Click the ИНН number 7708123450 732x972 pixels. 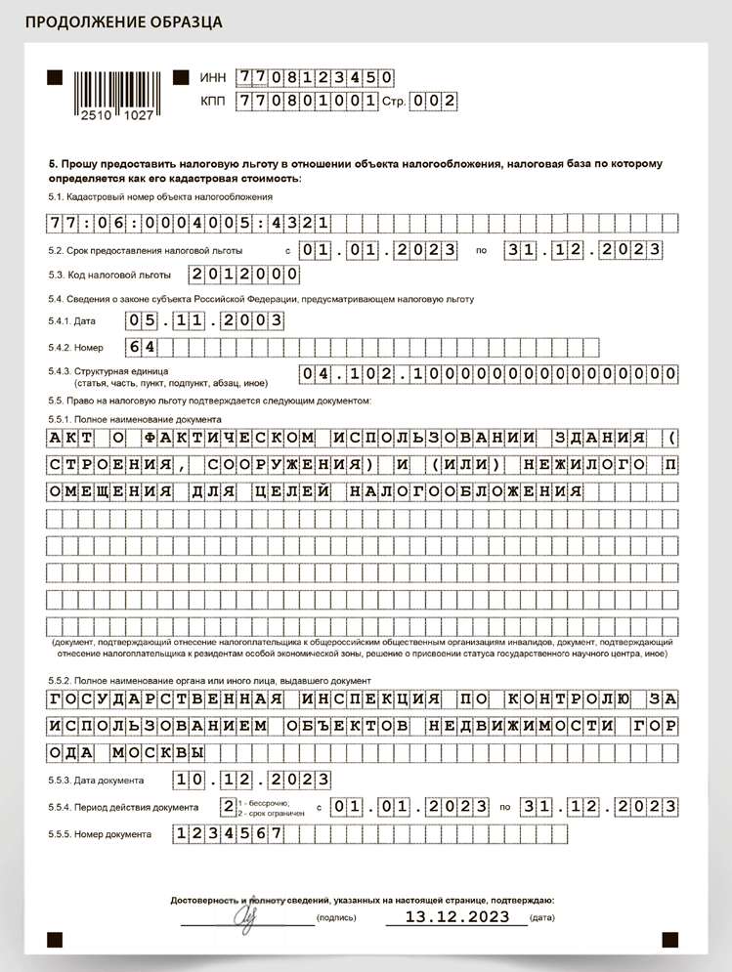click(317, 77)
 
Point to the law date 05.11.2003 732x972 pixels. click(206, 319)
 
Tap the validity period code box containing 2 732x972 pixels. click(228, 807)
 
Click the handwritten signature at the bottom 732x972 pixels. click(243, 915)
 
